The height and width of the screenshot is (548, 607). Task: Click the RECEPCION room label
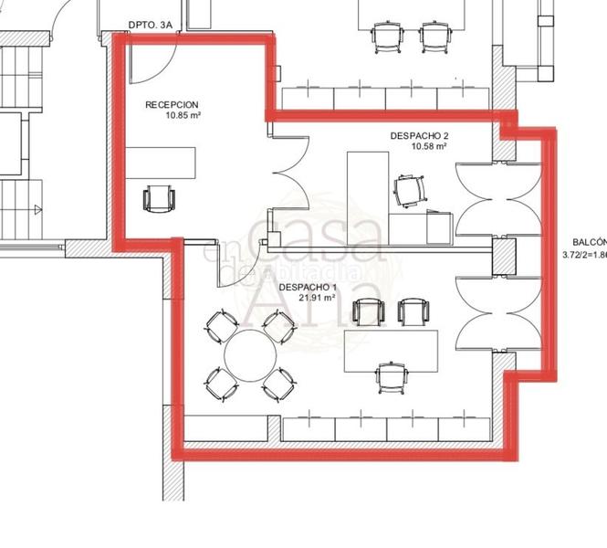172,105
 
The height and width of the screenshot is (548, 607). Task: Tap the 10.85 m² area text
183,116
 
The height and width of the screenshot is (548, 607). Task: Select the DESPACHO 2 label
419,135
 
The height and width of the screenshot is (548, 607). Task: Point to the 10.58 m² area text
428,146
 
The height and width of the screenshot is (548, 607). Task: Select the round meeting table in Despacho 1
251,356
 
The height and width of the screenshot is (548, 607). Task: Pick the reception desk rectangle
161,164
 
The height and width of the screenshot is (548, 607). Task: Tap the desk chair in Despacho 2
408,191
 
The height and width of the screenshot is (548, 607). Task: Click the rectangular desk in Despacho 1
390,350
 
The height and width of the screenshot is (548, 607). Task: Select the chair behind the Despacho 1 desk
391,377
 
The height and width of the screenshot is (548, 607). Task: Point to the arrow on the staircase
37,210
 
